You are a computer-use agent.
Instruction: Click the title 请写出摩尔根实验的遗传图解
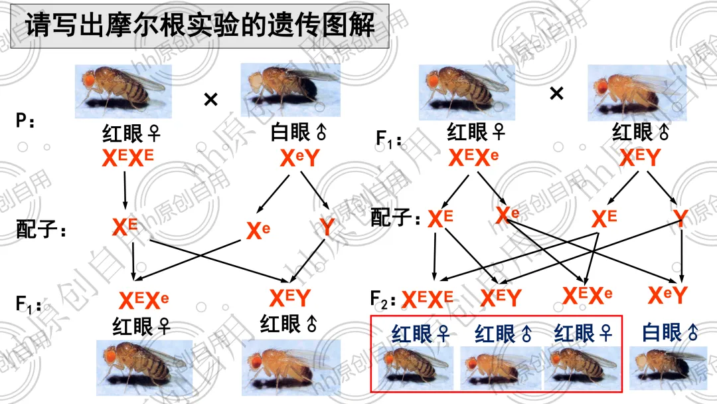tap(199, 27)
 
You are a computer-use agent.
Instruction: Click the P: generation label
tap(26, 122)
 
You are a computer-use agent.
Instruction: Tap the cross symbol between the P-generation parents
tap(210, 100)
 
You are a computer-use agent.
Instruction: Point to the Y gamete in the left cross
tap(327, 227)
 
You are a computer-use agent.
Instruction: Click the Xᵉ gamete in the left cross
tap(258, 231)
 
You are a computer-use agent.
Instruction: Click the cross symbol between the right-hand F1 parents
tap(556, 94)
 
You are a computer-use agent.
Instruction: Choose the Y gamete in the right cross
tap(680, 218)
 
